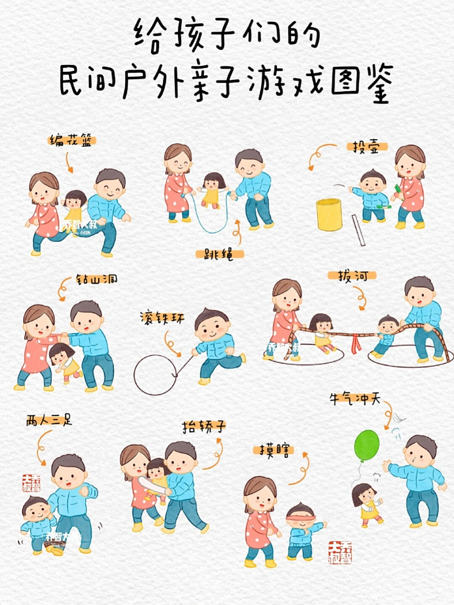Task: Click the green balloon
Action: point(367,446)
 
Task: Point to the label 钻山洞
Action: point(96,279)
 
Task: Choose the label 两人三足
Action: point(49,421)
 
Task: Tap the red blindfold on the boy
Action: point(299,518)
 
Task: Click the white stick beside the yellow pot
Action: point(359,230)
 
